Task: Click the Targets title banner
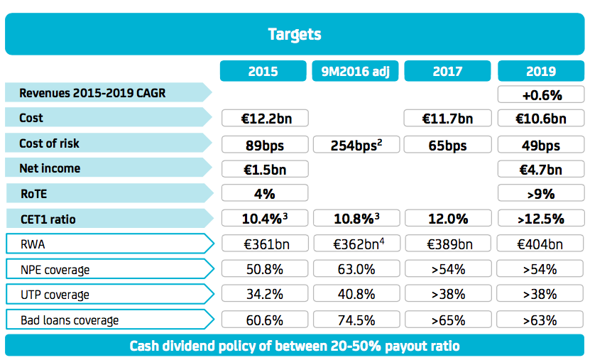pos(295,34)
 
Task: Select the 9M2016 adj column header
pos(355,71)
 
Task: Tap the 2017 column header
pos(447,71)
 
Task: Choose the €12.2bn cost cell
pos(264,119)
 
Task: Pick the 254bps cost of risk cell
pos(355,145)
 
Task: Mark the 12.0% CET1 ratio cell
pos(447,219)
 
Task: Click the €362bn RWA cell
pos(355,244)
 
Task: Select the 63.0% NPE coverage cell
pos(355,269)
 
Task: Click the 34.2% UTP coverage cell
pos(264,295)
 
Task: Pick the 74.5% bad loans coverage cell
pos(355,320)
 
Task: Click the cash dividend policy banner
pos(295,346)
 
